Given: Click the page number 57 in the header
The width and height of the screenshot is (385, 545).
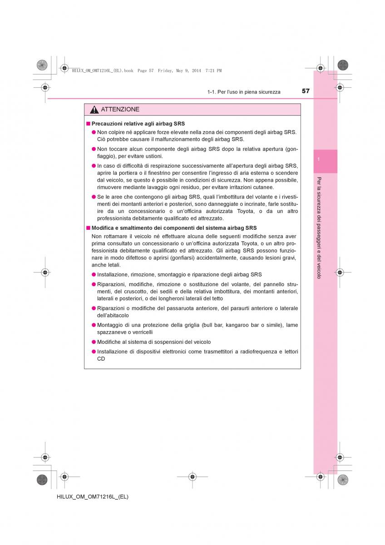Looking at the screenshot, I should point(306,91).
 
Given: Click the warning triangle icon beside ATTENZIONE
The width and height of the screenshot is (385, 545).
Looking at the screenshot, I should point(94,110).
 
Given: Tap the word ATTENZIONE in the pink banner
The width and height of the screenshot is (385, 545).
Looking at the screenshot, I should point(120,109).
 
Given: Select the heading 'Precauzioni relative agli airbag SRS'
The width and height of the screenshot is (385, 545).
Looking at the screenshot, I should point(138,124).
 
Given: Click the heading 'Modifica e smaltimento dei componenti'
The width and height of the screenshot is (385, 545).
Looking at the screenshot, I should point(174,228).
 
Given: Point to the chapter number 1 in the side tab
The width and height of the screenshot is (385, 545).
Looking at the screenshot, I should point(319,159).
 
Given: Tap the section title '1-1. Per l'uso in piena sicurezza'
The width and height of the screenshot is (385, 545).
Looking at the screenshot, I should point(244,92).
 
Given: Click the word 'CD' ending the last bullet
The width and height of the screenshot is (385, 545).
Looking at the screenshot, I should point(101,359).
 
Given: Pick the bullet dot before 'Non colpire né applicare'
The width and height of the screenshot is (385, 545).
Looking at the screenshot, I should point(94,132).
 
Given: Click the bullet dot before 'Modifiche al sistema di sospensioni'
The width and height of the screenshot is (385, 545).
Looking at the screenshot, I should point(94,342).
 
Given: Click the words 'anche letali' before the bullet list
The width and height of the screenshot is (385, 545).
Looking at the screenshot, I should point(106,265).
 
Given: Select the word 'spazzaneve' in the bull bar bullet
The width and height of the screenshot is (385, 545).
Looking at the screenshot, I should point(111,332).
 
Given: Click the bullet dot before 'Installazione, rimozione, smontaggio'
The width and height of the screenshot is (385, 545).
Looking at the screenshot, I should point(94,275).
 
